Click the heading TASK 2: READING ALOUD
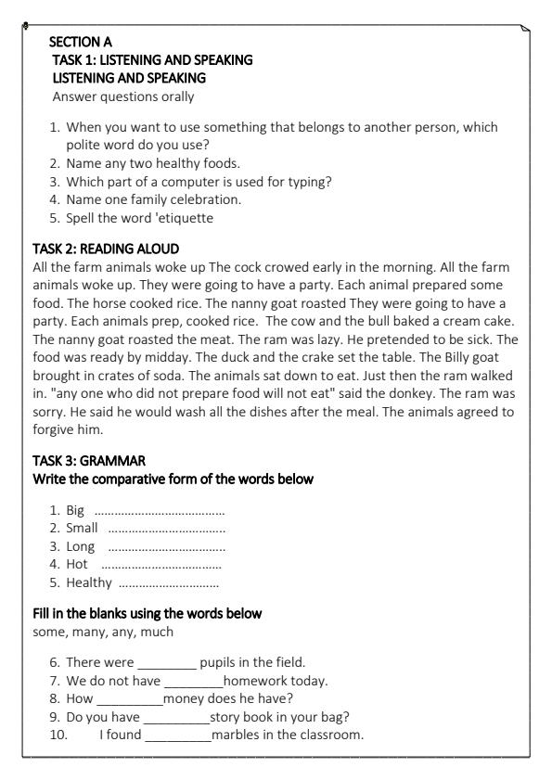(x=105, y=249)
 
